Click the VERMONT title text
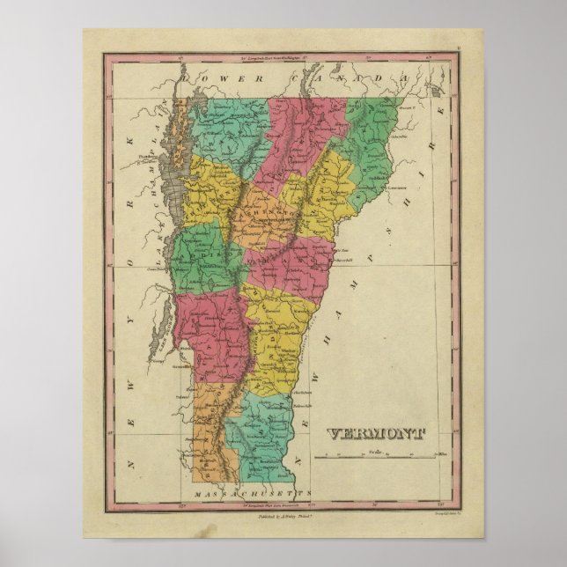click(377, 433)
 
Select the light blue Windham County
click(263, 423)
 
